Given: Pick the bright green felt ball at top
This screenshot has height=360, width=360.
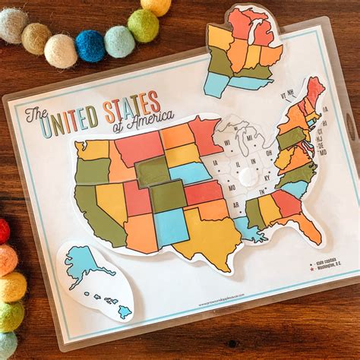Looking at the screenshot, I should [x=143, y=24].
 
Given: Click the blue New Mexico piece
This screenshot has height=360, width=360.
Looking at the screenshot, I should [x=171, y=226].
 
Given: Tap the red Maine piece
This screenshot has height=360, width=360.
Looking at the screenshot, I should [x=314, y=91].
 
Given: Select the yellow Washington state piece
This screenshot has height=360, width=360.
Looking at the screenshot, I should [x=93, y=149].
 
